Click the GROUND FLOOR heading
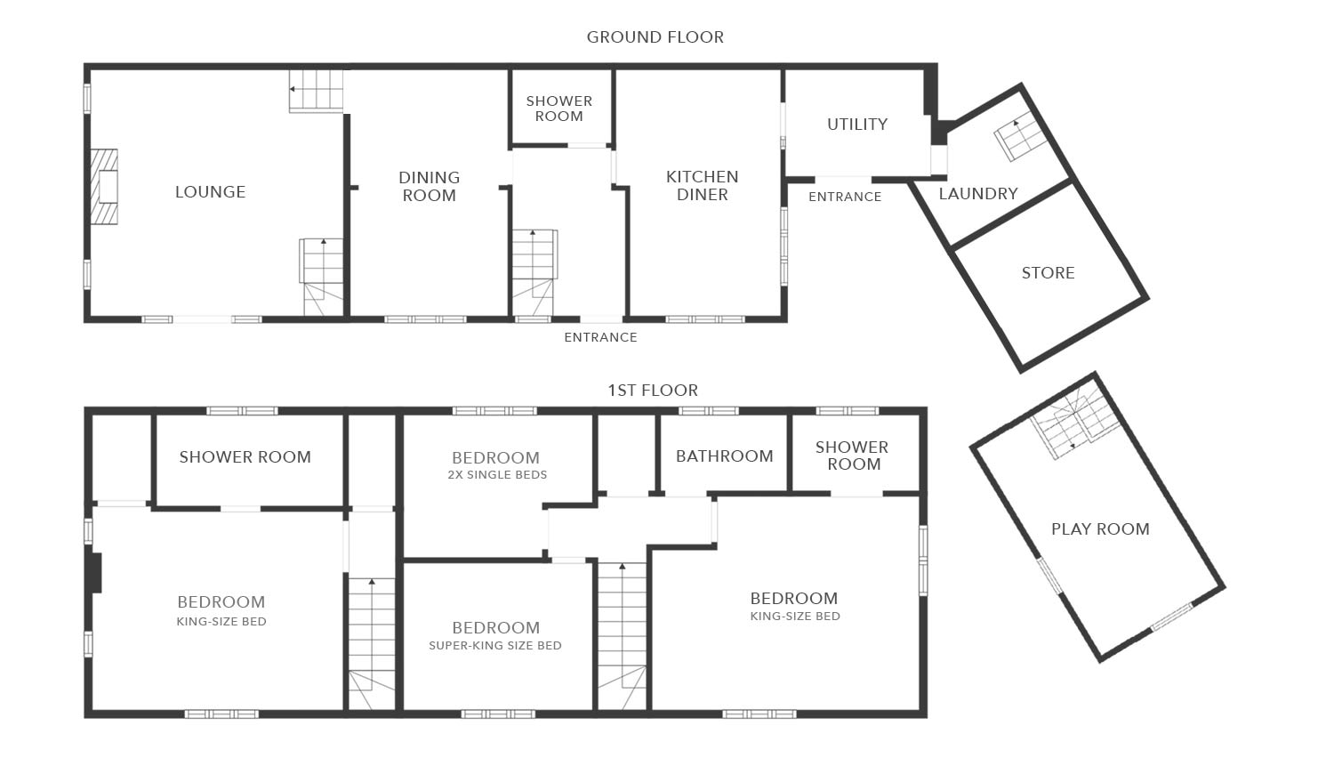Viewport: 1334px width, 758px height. click(655, 37)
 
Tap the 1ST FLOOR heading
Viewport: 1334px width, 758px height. click(653, 391)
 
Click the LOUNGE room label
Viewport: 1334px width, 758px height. click(210, 192)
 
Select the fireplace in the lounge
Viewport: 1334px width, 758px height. click(104, 187)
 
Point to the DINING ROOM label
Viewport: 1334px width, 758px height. click(429, 187)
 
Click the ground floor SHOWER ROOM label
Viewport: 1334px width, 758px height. click(559, 109)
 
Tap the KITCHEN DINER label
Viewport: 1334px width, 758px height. click(702, 186)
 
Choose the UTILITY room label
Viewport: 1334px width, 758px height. click(857, 125)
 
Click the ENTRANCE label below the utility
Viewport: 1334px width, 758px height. click(845, 197)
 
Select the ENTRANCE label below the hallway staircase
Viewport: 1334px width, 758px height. click(600, 337)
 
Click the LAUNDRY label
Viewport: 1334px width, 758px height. click(978, 194)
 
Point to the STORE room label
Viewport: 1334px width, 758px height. click(1048, 273)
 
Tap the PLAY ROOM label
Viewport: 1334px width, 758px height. click(1100, 529)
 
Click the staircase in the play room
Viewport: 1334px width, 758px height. click(1074, 424)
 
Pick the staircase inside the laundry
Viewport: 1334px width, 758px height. click(1019, 136)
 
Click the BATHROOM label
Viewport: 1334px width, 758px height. click(724, 456)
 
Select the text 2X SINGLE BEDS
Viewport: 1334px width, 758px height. click(497, 475)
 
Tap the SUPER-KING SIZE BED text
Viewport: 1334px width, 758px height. click(495, 646)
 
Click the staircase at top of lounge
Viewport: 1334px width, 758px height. click(317, 90)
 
